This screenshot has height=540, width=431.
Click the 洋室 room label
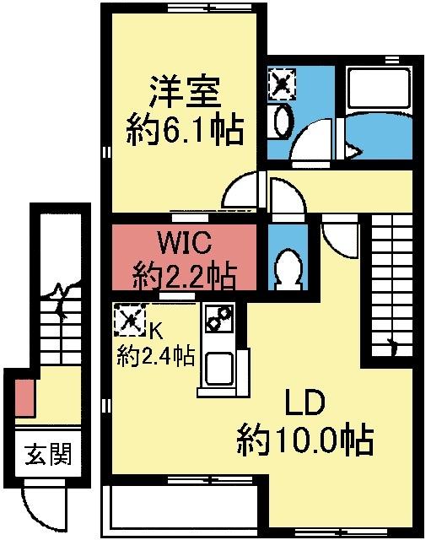(x=183, y=89)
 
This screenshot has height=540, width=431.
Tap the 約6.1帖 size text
(x=185, y=130)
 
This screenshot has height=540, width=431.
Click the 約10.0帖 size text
(x=304, y=440)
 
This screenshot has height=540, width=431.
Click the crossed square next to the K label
(x=129, y=319)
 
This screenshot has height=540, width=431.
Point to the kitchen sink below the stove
(x=218, y=367)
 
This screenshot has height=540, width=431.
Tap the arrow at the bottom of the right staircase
(x=391, y=344)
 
